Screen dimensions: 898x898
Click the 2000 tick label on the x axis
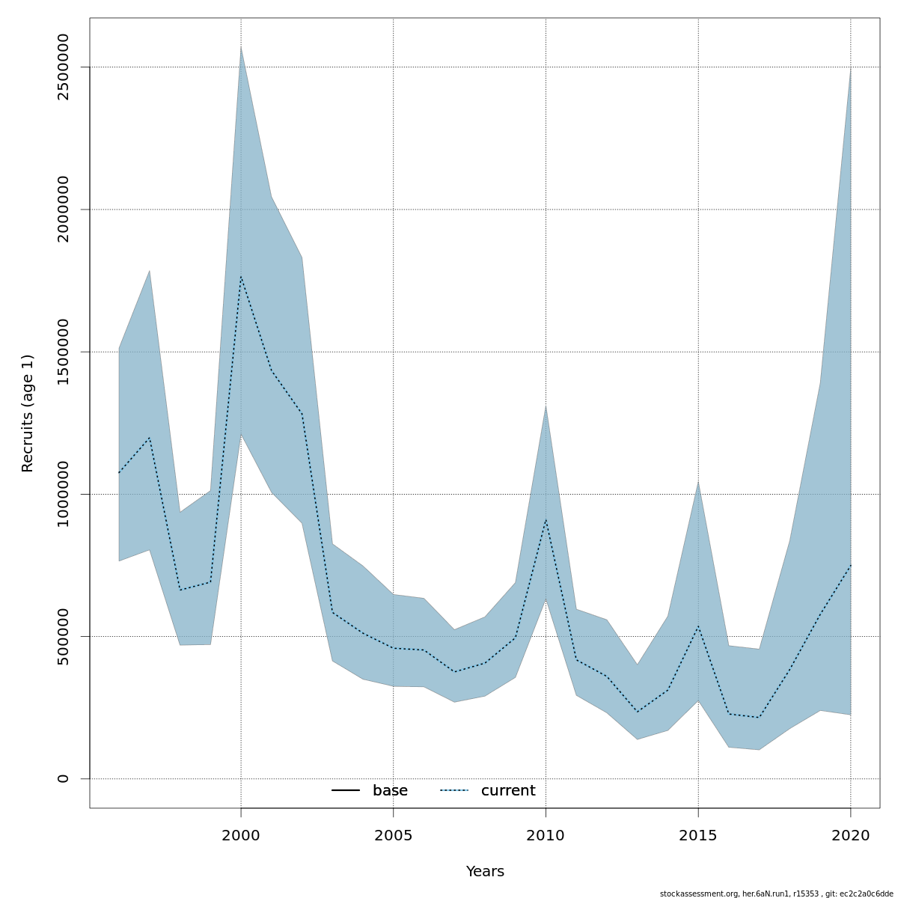click(241, 835)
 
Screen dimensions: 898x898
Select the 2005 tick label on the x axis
click(394, 835)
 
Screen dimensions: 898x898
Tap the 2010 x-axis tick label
click(546, 835)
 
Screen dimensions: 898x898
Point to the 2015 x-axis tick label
click(698, 835)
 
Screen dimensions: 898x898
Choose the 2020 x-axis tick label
click(851, 835)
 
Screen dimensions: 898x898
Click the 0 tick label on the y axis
click(64, 779)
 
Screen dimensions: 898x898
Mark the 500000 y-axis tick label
click(64, 636)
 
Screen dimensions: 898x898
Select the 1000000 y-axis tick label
click(64, 494)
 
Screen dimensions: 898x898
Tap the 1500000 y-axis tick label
click(64, 352)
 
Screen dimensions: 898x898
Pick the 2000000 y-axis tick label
click(64, 210)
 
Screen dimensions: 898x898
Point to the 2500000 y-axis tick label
click(64, 67)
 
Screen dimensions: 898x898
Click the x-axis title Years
click(485, 872)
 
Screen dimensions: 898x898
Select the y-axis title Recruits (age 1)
click(28, 413)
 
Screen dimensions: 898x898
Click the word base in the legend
click(390, 791)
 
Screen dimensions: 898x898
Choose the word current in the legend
click(508, 791)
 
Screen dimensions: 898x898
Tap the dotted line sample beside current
click(454, 791)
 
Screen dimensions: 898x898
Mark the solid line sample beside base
click(346, 791)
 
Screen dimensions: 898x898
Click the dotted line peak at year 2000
click(241, 276)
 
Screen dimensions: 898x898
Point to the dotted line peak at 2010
click(546, 519)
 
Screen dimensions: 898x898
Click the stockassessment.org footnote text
click(776, 894)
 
